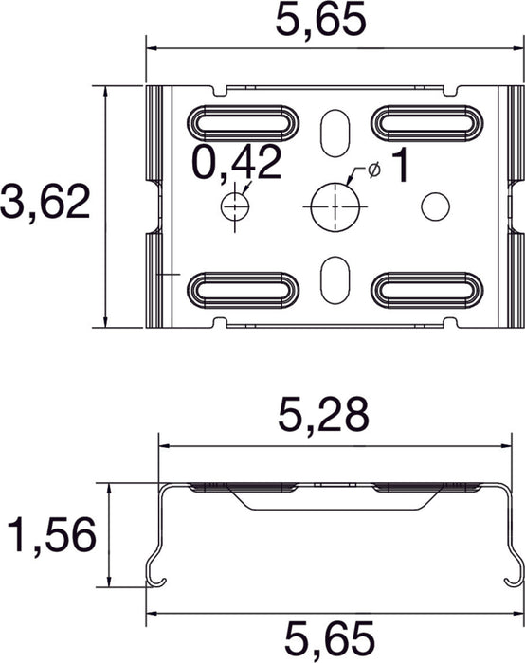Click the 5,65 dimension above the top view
(319, 20)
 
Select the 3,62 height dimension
(45, 203)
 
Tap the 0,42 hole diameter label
(237, 163)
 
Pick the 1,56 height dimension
(50, 538)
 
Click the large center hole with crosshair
(336, 205)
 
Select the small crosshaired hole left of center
(233, 205)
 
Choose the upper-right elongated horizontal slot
(426, 122)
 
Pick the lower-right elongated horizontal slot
(426, 290)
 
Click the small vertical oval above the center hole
(335, 132)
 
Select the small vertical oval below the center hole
(335, 279)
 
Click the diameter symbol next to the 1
(372, 169)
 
